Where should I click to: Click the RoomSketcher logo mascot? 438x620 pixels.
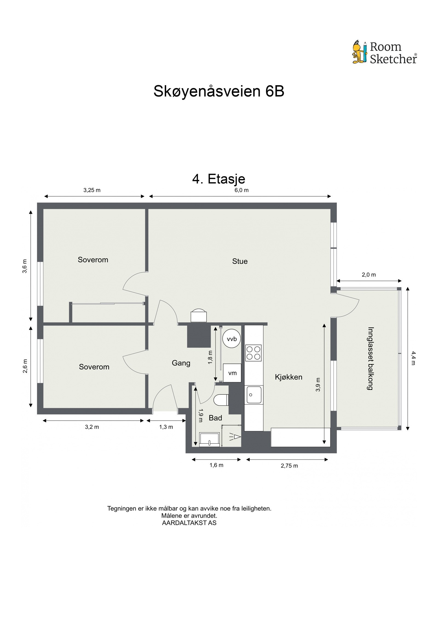click(x=359, y=52)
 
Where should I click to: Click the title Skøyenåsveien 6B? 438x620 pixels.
click(x=218, y=91)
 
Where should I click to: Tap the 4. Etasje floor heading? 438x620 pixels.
click(x=218, y=179)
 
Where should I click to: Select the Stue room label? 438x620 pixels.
click(x=240, y=261)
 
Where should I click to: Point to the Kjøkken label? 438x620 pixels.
click(x=288, y=377)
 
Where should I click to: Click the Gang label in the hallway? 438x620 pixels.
click(x=181, y=363)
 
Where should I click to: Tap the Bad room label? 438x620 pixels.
click(x=215, y=418)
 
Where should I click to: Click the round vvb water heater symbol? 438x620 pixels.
click(x=231, y=339)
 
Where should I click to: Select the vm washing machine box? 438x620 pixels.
click(x=232, y=373)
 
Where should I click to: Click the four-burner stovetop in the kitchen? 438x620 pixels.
click(x=253, y=353)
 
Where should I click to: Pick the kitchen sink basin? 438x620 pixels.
click(x=253, y=395)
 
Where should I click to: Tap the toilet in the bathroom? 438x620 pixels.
click(x=221, y=400)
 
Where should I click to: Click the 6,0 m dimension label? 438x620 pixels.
click(x=241, y=190)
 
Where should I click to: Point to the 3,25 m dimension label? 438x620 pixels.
click(x=92, y=190)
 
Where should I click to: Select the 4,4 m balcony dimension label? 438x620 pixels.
click(x=413, y=358)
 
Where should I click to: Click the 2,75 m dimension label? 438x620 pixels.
click(x=289, y=466)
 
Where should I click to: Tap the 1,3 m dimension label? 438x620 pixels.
click(x=166, y=427)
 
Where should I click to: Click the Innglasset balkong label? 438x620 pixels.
click(x=370, y=358)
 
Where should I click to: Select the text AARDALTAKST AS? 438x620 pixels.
click(x=189, y=523)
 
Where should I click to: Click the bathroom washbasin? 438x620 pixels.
click(x=209, y=439)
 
